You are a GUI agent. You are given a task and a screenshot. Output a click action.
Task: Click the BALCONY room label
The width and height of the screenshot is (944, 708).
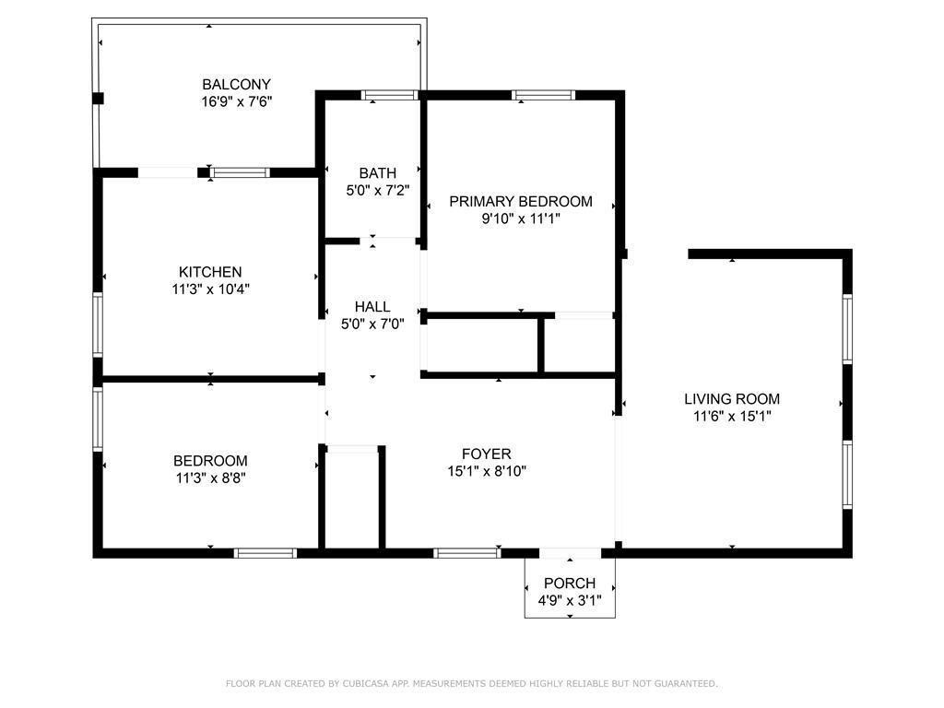236,85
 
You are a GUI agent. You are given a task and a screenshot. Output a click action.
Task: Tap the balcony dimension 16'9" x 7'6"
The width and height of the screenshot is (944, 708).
236,101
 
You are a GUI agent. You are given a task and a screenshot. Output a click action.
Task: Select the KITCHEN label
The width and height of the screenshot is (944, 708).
210,272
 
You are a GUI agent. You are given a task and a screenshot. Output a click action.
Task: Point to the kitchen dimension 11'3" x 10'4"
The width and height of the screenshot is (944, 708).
210,289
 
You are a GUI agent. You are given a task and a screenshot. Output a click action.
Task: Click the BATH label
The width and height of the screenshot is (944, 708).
377,173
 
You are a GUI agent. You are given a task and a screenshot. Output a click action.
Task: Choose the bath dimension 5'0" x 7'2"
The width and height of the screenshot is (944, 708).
377,190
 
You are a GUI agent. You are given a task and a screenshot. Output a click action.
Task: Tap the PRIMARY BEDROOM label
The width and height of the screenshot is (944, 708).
520,202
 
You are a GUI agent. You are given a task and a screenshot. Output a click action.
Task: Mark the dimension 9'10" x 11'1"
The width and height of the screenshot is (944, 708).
520,218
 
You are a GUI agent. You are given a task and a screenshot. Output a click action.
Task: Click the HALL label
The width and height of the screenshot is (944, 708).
372,307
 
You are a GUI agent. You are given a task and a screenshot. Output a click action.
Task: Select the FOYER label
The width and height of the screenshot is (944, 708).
486,454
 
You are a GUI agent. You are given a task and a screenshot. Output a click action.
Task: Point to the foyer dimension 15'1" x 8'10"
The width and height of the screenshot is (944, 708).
486,471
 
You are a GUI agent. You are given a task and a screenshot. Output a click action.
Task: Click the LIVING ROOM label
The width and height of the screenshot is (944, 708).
732,399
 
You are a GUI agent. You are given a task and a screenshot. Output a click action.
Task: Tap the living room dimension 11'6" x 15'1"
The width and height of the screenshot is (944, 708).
732,416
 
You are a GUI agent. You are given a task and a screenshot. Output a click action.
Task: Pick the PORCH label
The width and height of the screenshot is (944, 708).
569,584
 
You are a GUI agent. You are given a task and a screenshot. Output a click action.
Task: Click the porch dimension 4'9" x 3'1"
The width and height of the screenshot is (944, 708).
569,600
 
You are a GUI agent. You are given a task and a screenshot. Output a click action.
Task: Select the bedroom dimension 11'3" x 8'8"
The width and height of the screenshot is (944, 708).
210,478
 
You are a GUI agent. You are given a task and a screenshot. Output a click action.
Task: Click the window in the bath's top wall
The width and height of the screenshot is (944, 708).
390,94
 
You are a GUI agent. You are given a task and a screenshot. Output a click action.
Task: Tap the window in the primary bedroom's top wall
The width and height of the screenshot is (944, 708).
543,94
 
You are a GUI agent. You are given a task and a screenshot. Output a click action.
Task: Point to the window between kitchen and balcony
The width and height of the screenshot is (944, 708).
240,172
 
